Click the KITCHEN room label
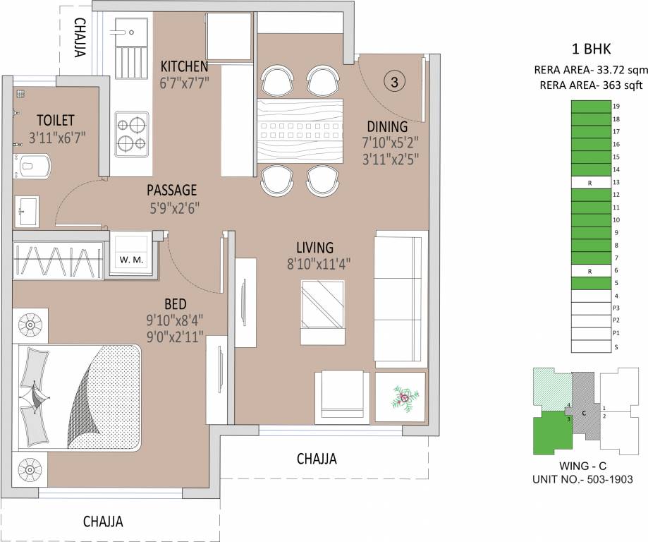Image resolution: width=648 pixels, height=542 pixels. point(184,66)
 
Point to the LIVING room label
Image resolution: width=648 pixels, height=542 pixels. point(314,248)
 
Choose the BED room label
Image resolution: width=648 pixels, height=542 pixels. point(175,304)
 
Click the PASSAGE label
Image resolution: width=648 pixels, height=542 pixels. point(171,191)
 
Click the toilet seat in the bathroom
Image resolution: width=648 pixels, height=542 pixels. point(32,166)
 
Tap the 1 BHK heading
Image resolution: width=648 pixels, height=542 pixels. point(590,49)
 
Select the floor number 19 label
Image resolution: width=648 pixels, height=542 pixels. point(616,107)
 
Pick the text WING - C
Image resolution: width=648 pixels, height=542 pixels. point(581,466)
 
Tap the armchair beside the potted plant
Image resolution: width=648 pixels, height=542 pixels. point(341,397)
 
